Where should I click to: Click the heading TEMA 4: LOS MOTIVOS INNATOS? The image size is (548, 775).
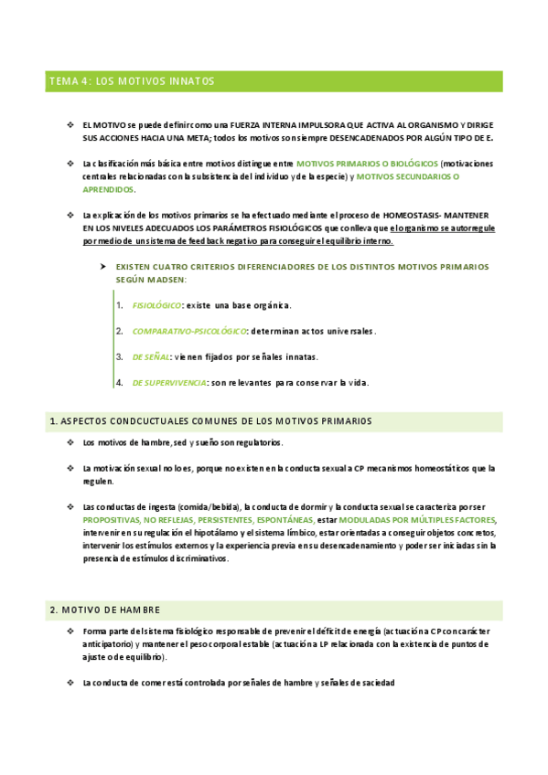pyautogui.click(x=132, y=81)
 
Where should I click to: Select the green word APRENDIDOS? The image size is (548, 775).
pyautogui.click(x=108, y=189)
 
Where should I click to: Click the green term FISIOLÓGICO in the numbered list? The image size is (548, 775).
pyautogui.click(x=156, y=304)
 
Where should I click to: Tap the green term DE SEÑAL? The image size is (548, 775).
pyautogui.click(x=151, y=356)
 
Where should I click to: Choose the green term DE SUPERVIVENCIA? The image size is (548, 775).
pyautogui.click(x=169, y=383)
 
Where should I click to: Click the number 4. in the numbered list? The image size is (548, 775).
pyautogui.click(x=120, y=383)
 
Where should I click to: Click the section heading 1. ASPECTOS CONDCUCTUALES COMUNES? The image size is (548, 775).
pyautogui.click(x=210, y=421)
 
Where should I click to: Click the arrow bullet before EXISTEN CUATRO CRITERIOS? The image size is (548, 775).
pyautogui.click(x=103, y=266)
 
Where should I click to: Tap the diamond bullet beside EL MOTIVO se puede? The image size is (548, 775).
pyautogui.click(x=70, y=124)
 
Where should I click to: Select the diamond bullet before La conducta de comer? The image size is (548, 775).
pyautogui.click(x=70, y=683)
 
